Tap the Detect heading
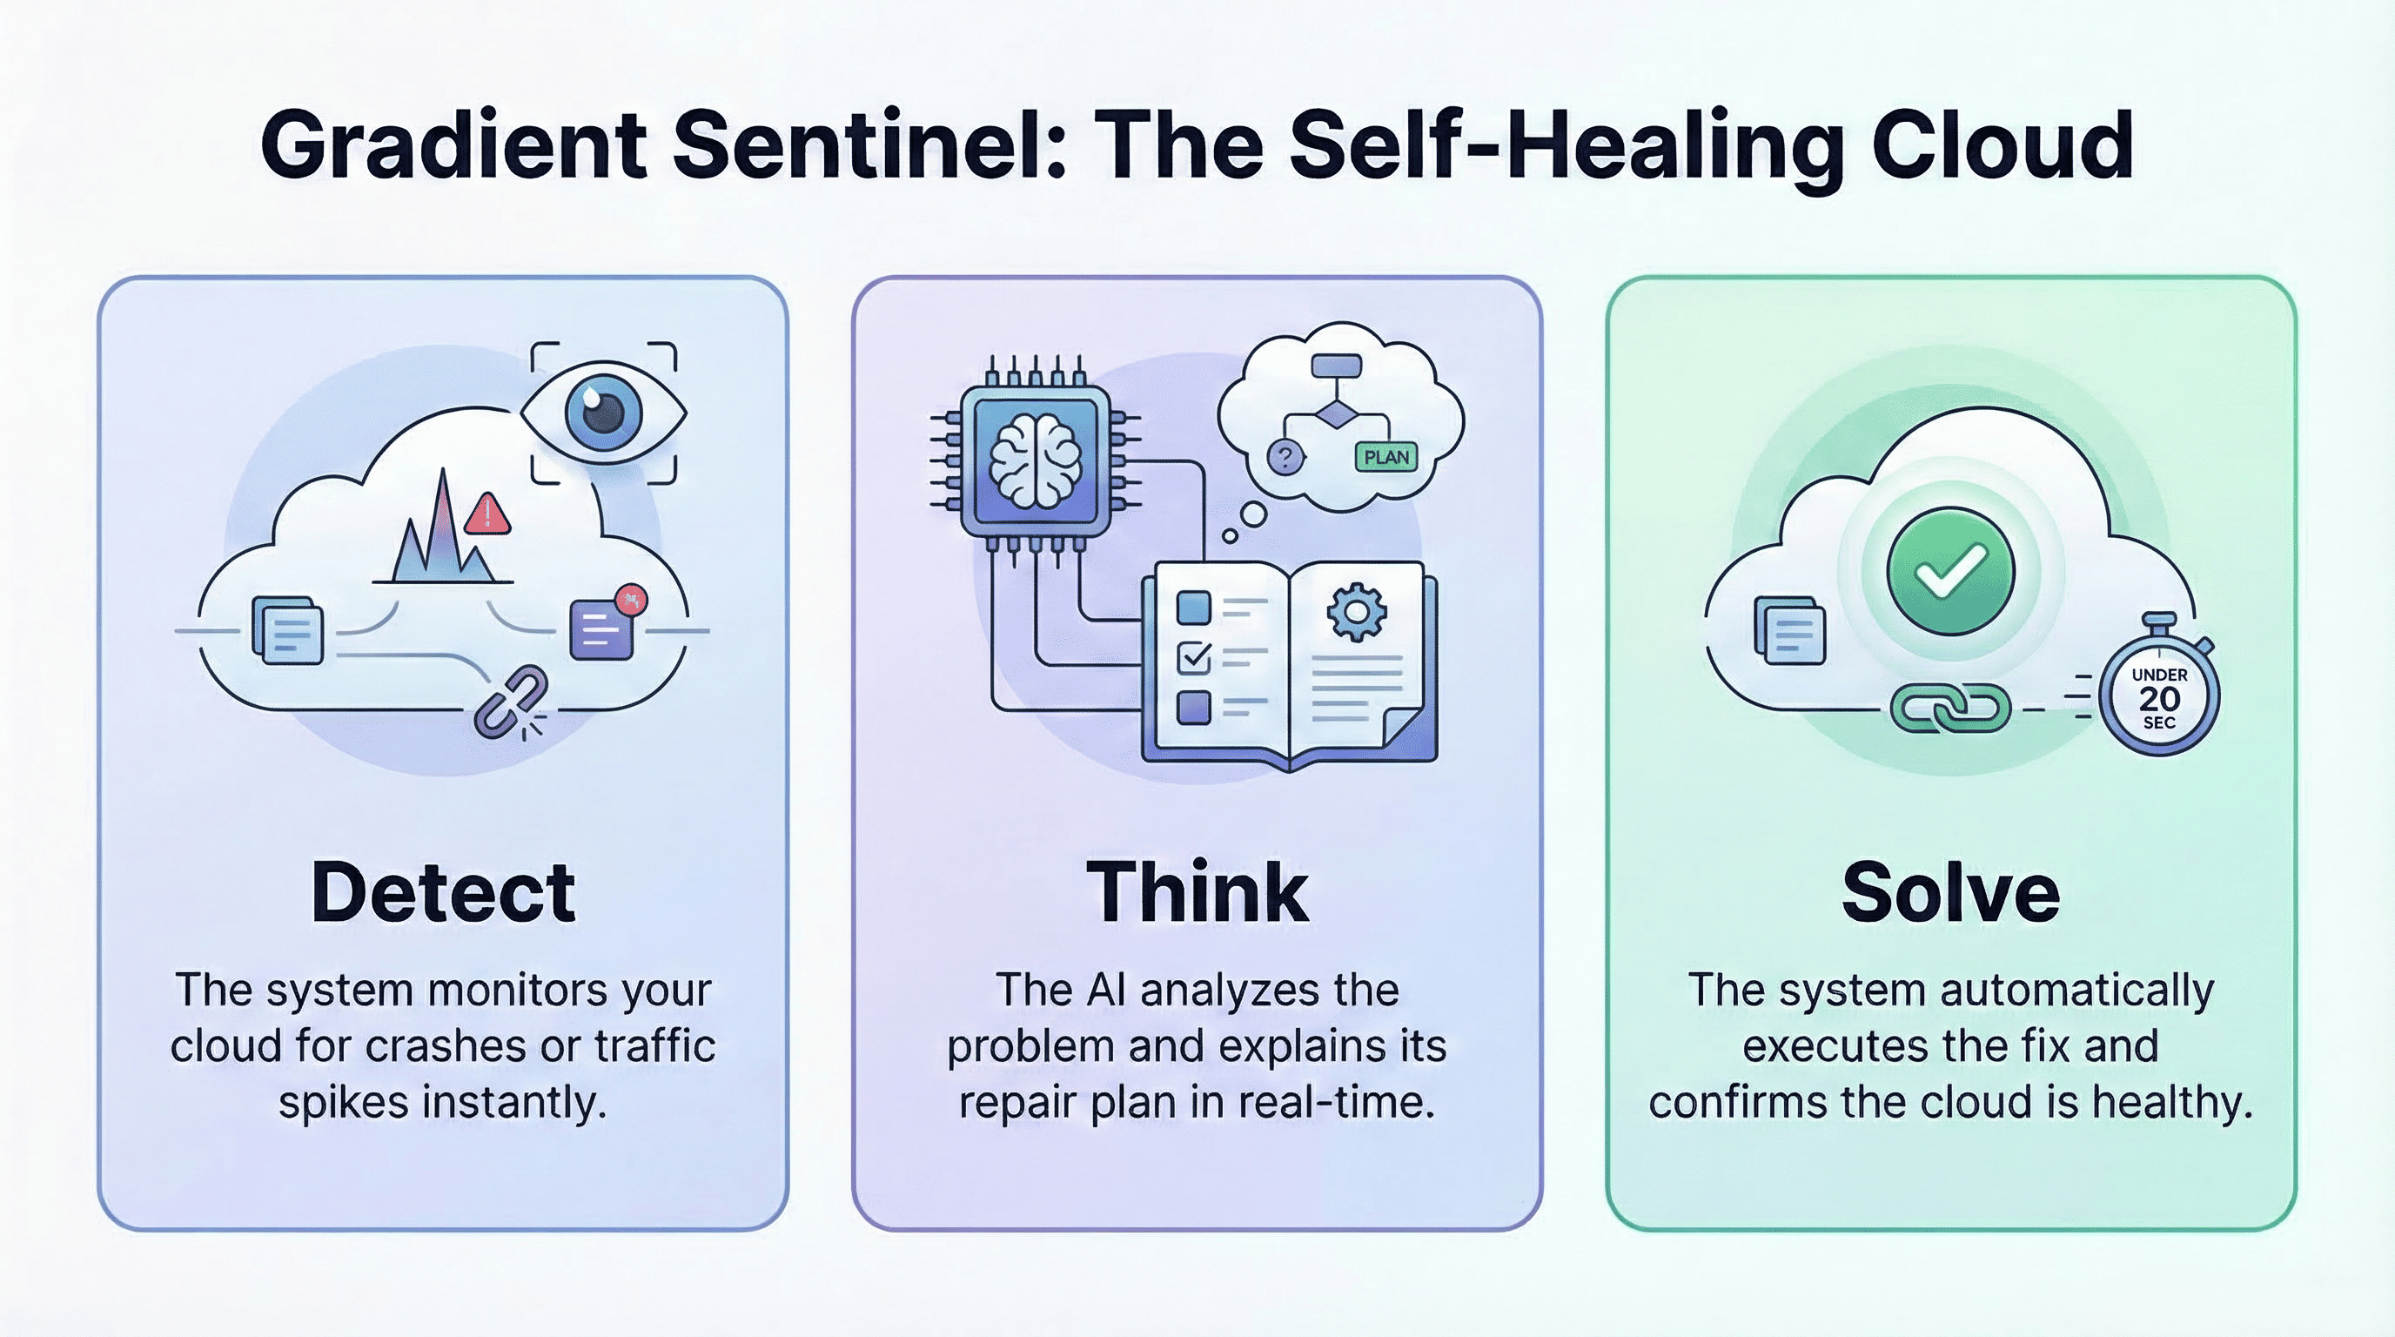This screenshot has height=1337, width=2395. point(443,892)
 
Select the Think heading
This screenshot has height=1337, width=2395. point(1197,892)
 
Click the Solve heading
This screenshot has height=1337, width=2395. point(1950,892)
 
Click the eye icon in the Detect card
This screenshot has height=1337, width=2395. point(603,412)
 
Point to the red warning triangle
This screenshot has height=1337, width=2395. point(486,514)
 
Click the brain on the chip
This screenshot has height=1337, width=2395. point(1035,460)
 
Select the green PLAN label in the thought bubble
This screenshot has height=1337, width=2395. point(1386,456)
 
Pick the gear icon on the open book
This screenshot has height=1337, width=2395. point(1357,611)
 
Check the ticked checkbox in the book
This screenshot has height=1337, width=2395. point(1194,657)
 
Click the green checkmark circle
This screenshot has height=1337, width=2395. point(1950,571)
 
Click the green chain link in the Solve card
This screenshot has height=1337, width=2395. point(1950,709)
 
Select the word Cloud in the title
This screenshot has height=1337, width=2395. point(2003,146)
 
